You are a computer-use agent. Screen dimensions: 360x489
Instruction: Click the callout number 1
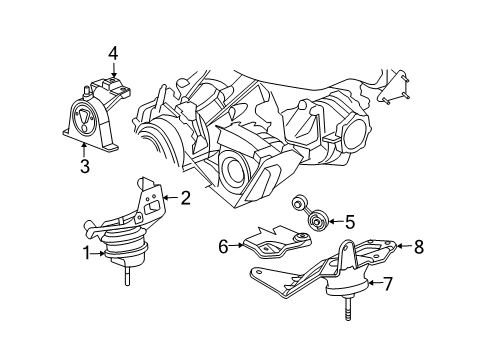pyautogui.click(x=86, y=254)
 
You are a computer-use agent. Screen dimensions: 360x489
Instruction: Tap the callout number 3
pyautogui.click(x=83, y=166)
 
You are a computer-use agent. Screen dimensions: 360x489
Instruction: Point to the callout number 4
pyautogui.click(x=114, y=52)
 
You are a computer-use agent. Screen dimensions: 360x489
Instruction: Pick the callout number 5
pyautogui.click(x=336, y=222)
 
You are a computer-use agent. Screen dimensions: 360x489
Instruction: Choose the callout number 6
pyautogui.click(x=222, y=242)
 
